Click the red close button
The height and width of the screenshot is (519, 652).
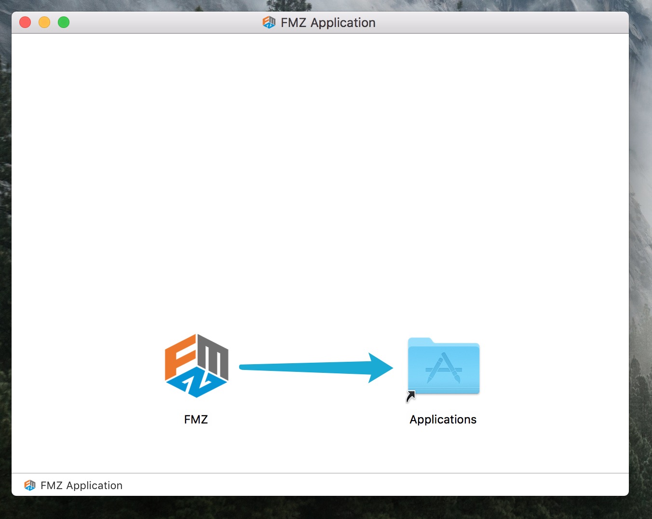25,23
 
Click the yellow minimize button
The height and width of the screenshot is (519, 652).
44,23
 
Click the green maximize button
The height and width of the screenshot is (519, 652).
64,23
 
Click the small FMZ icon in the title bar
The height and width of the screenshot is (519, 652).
269,23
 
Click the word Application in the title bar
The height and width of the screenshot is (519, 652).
343,23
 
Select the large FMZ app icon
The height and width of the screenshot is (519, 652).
196,366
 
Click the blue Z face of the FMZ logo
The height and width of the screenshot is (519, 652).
196,382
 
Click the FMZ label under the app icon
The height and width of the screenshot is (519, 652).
196,420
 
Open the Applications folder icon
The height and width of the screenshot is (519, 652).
444,366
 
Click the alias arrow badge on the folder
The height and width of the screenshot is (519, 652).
410,396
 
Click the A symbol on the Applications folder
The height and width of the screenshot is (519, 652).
444,368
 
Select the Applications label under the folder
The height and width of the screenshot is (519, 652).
443,420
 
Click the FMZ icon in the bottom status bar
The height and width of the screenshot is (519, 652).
30,485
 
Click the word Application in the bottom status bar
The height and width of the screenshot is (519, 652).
94,486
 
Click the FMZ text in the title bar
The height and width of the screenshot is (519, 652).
293,23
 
